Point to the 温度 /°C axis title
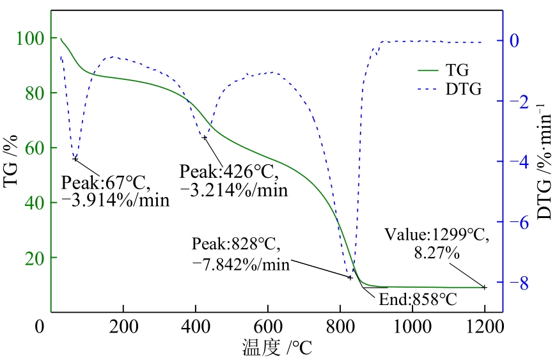point(277,347)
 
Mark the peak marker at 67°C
point(75,159)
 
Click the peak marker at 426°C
point(204,137)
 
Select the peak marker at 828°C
point(350,277)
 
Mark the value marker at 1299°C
point(484,287)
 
